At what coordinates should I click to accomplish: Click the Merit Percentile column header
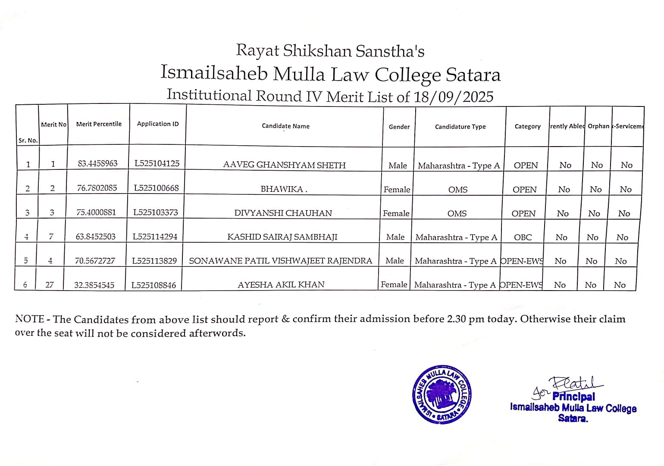point(99,124)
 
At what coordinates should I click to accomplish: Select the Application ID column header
point(157,124)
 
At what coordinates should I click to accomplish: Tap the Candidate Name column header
point(285,126)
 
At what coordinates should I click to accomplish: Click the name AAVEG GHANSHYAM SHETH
point(284,165)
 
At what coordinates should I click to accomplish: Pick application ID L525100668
point(156,188)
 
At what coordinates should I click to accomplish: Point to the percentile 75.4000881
point(96,213)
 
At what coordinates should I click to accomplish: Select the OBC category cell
point(523,237)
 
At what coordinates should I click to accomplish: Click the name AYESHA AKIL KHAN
point(281,285)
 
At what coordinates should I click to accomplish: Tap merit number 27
point(50,285)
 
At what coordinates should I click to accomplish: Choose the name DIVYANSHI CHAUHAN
point(283,213)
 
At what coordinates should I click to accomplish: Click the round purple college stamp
point(442,394)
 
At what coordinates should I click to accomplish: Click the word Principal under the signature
point(573,397)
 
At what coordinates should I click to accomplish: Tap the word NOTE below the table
point(29,319)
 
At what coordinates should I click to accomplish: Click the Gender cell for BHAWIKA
point(397,189)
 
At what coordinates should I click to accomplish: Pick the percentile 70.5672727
point(95,261)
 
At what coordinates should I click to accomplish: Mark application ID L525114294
point(155,237)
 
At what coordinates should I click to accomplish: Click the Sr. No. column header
point(28,140)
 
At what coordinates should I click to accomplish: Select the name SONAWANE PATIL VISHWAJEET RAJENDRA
point(280,261)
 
